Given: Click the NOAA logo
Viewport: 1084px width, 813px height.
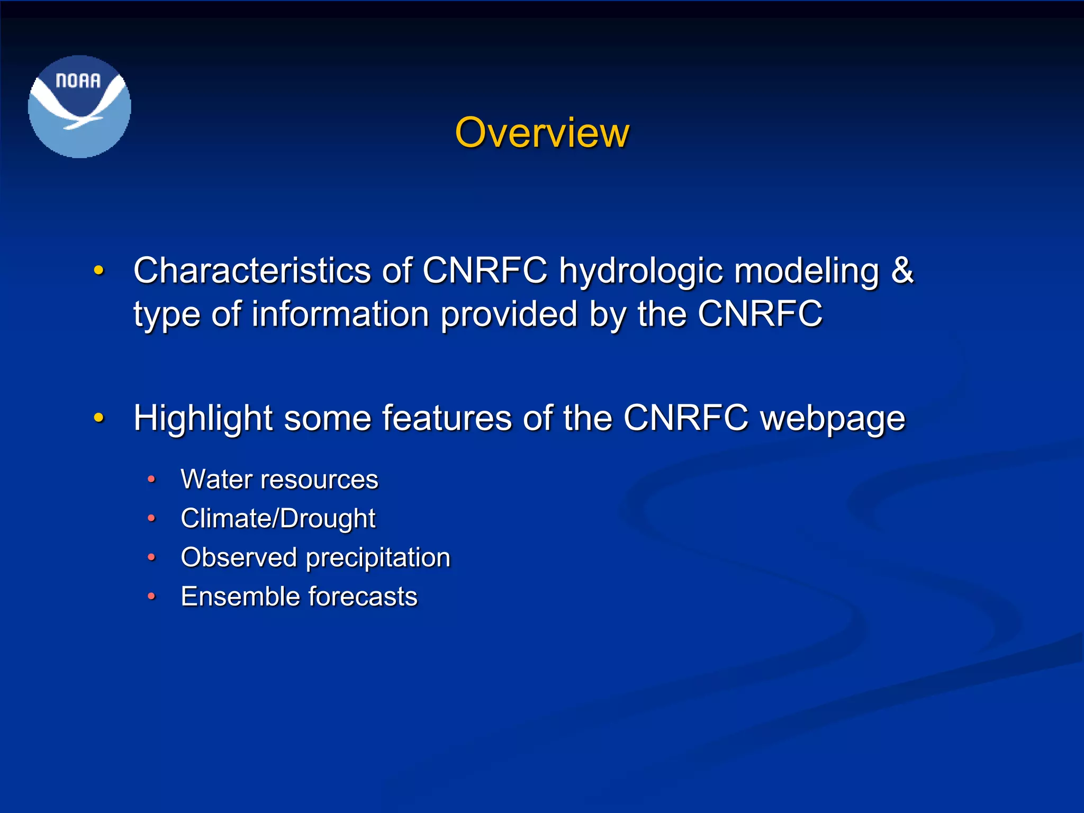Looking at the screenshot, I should pyautogui.click(x=79, y=106).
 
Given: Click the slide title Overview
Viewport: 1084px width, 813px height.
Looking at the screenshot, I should pyautogui.click(x=542, y=132).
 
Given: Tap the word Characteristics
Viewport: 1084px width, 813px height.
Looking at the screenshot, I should pyautogui.click(x=252, y=271).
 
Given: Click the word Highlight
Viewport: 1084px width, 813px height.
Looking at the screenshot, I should pyautogui.click(x=203, y=419).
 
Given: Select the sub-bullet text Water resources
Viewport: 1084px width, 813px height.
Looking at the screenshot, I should pyautogui.click(x=279, y=480).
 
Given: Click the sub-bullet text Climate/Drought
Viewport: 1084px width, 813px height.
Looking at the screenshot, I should pyautogui.click(x=278, y=518).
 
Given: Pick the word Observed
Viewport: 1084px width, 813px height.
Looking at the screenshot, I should pyautogui.click(x=239, y=557).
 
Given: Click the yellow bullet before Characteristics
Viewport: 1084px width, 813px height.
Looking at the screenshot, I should pyautogui.click(x=98, y=271).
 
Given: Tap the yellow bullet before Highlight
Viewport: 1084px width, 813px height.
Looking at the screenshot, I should pyautogui.click(x=98, y=418).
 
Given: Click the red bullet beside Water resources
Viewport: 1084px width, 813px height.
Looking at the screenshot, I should pyautogui.click(x=151, y=480).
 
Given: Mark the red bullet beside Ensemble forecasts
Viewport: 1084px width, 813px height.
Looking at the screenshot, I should pyautogui.click(x=151, y=597).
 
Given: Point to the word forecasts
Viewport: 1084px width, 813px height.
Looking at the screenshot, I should pyautogui.click(x=363, y=597).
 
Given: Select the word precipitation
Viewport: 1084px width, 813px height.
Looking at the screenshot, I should pyautogui.click(x=378, y=558).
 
